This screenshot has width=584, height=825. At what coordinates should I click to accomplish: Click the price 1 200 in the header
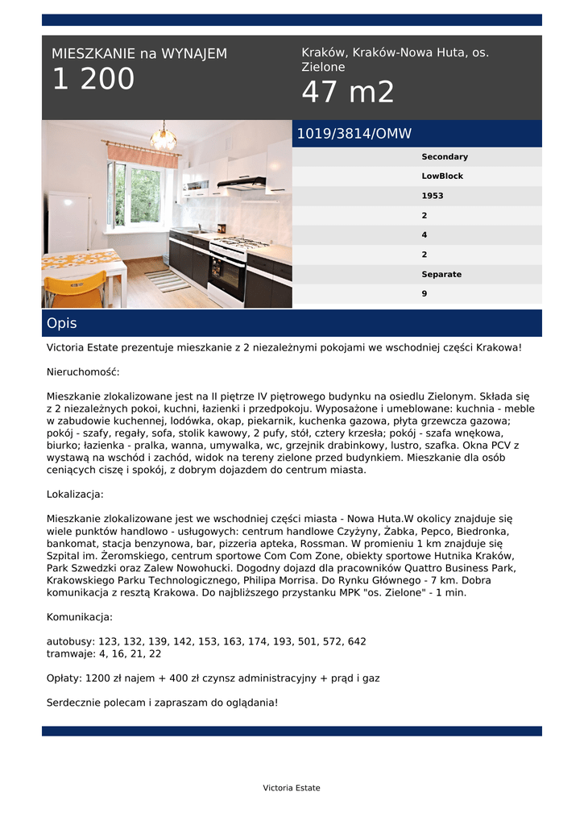tap(93, 80)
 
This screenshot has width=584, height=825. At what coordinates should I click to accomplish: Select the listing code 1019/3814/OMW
tap(354, 134)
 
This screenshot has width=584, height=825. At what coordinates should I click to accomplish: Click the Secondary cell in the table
tap(445, 157)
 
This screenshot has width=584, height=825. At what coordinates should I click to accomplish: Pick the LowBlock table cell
tap(442, 176)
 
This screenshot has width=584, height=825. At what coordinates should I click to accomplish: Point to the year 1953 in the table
tap(433, 196)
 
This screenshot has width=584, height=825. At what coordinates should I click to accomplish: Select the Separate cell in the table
tap(441, 275)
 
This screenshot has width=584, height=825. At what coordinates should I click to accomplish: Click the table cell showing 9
tap(425, 294)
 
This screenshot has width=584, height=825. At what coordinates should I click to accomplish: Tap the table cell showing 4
tap(425, 235)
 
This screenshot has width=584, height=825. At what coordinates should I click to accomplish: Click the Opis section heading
tap(62, 323)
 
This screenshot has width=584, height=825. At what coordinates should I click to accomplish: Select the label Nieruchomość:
tap(83, 372)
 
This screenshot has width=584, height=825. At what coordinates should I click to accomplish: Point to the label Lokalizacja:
tap(75, 495)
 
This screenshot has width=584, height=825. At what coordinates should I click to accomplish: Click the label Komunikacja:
tap(80, 617)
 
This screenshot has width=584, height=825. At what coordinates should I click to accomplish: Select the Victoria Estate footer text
tap(292, 788)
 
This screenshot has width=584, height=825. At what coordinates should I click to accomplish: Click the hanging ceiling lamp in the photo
tap(164, 138)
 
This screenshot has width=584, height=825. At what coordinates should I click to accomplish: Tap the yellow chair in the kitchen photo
tap(76, 289)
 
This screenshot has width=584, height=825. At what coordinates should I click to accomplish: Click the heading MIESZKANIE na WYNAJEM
tap(139, 54)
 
